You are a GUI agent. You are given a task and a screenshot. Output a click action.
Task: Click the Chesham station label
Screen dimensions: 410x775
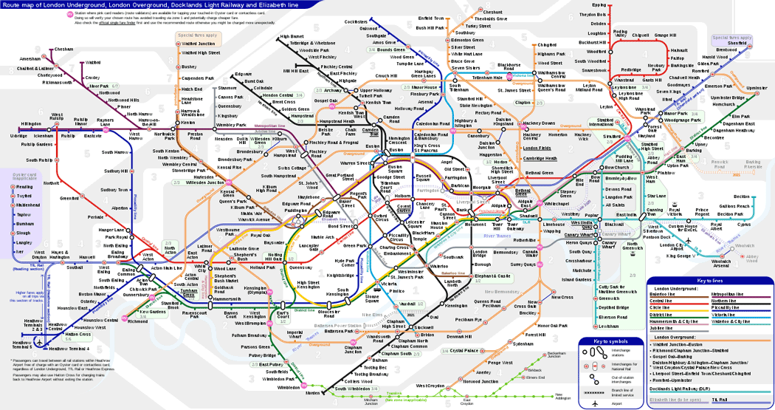(x=64, y=49)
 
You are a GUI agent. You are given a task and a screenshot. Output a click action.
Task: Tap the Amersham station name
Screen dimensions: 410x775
(x=30, y=58)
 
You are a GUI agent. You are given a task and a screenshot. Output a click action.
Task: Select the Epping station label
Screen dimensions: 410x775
(x=599, y=5)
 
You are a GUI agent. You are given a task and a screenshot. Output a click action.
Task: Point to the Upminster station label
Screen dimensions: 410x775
(x=757, y=89)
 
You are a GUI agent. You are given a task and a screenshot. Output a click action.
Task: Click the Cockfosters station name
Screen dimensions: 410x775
(x=356, y=23)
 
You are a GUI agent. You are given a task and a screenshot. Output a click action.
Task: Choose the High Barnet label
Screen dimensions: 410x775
(x=292, y=35)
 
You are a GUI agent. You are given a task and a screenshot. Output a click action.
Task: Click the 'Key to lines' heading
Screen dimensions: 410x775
(x=711, y=281)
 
